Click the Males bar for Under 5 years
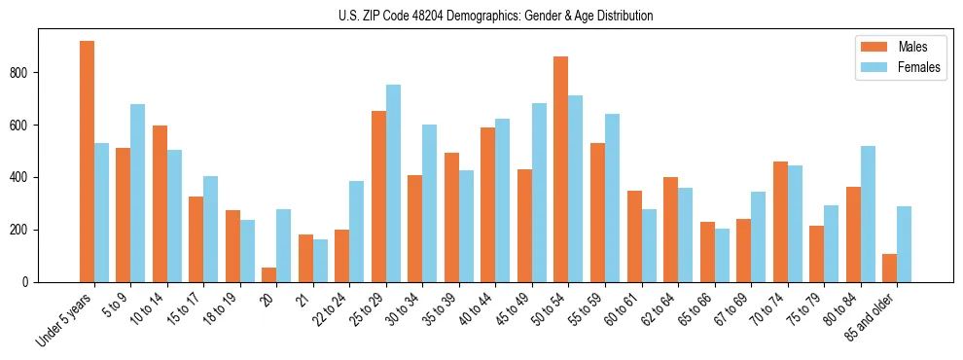tap(87, 162)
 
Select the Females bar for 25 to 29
tap(393, 184)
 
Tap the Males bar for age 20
tap(269, 274)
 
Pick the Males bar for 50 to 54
tap(561, 169)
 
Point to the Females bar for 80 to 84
tap(868, 214)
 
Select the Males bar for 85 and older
tap(889, 269)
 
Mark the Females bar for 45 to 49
tap(539, 193)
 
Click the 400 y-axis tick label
tap(25, 178)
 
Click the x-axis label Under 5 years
tap(63, 320)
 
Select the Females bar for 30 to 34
tap(430, 203)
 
